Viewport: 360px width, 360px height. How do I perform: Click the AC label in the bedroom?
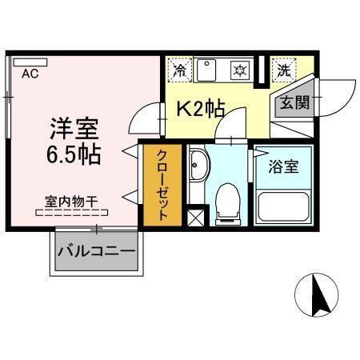coord(30,74)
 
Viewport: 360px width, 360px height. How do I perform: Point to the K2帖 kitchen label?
coord(199,109)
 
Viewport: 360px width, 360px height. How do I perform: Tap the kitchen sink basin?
coord(206,70)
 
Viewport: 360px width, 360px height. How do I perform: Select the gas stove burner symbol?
coord(238,70)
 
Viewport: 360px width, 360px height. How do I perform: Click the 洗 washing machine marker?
coord(282,70)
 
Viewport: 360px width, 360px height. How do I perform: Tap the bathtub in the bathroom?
coord(284,206)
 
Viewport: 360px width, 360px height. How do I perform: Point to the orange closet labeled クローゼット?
coord(161,184)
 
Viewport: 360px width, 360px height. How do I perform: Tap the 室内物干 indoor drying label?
coord(71,202)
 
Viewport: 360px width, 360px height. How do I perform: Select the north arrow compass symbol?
coord(321,295)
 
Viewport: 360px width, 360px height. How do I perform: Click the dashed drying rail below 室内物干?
coord(71,214)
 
